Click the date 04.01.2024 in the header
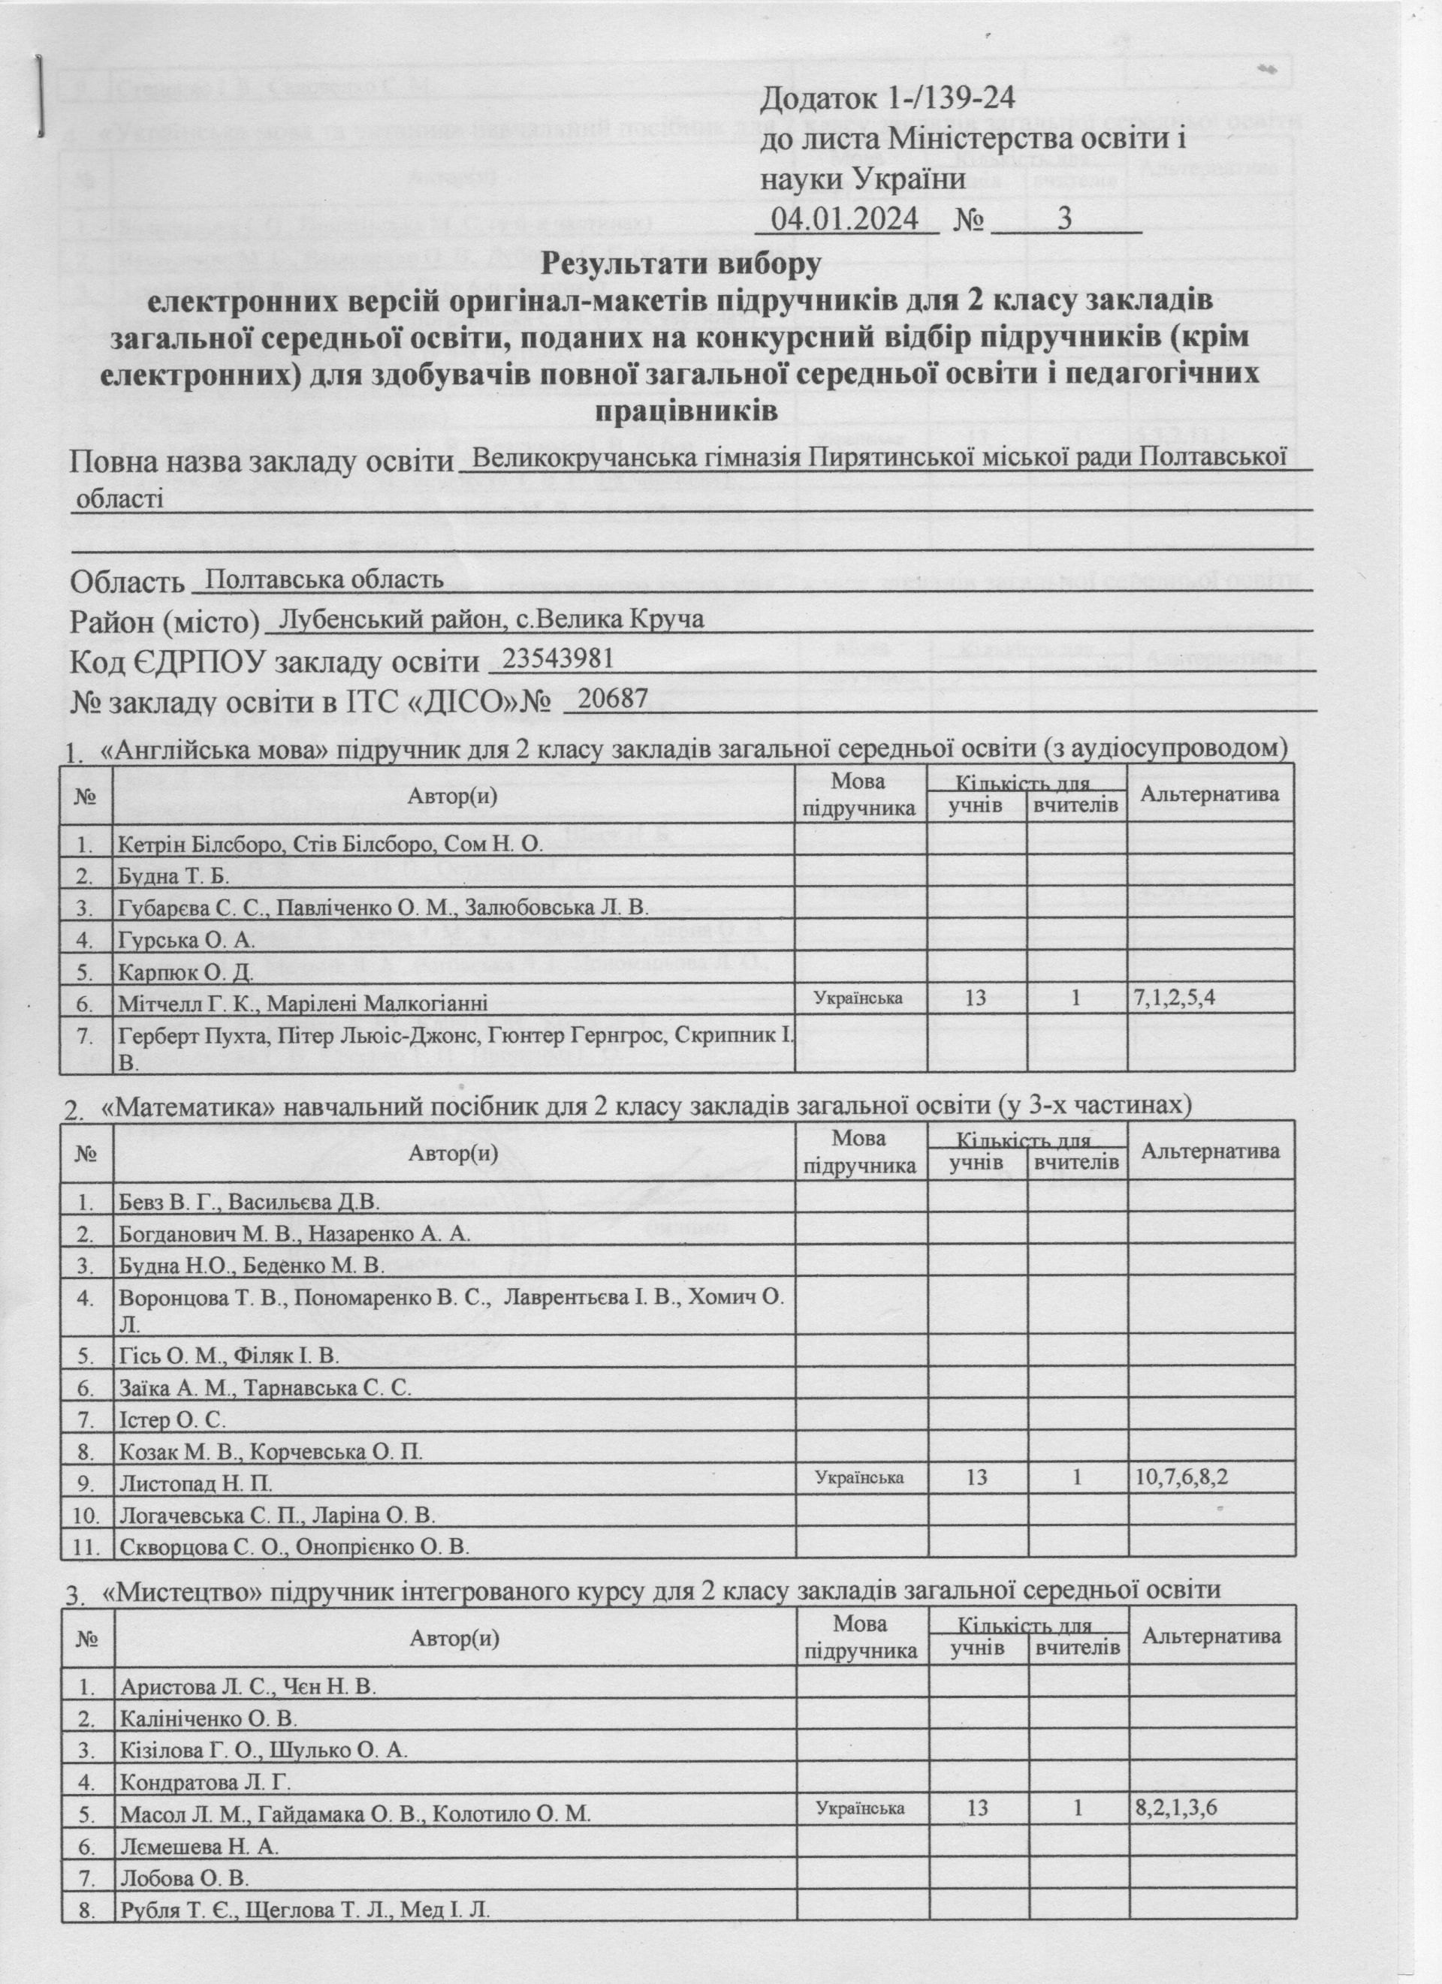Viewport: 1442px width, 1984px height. pyautogui.click(x=844, y=218)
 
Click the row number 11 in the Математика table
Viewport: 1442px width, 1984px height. pyautogui.click(x=85, y=1546)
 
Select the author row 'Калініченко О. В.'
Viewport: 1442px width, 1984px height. pyautogui.click(x=210, y=1718)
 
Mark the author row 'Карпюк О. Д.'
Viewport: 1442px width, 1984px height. pyautogui.click(x=186, y=972)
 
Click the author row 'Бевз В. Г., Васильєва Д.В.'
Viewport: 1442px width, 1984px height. pyautogui.click(x=249, y=1202)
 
